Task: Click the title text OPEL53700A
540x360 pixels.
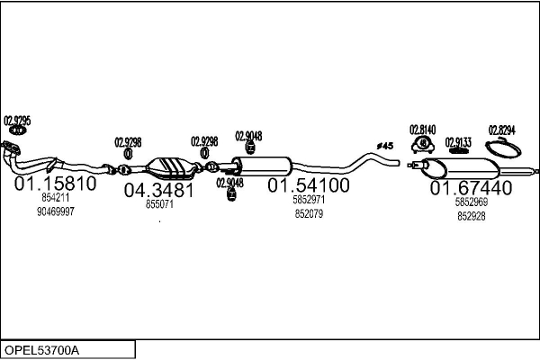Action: pos(42,349)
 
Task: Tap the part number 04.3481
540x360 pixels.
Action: pos(159,190)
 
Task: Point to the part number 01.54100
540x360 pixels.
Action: pos(308,185)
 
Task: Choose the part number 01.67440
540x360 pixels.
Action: pos(471,188)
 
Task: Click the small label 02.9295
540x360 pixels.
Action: pos(17,121)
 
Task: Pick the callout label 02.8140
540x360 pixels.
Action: pos(422,130)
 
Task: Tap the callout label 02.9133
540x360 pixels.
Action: pos(459,142)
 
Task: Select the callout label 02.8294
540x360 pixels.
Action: pos(501,130)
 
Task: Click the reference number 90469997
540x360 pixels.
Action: pos(55,211)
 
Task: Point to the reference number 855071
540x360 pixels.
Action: pos(159,204)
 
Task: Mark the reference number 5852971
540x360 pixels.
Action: pos(308,200)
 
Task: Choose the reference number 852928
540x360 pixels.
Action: pos(471,216)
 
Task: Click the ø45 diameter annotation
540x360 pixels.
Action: pos(385,146)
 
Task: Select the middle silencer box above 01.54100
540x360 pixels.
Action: pos(267,166)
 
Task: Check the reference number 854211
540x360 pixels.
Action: pos(55,197)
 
